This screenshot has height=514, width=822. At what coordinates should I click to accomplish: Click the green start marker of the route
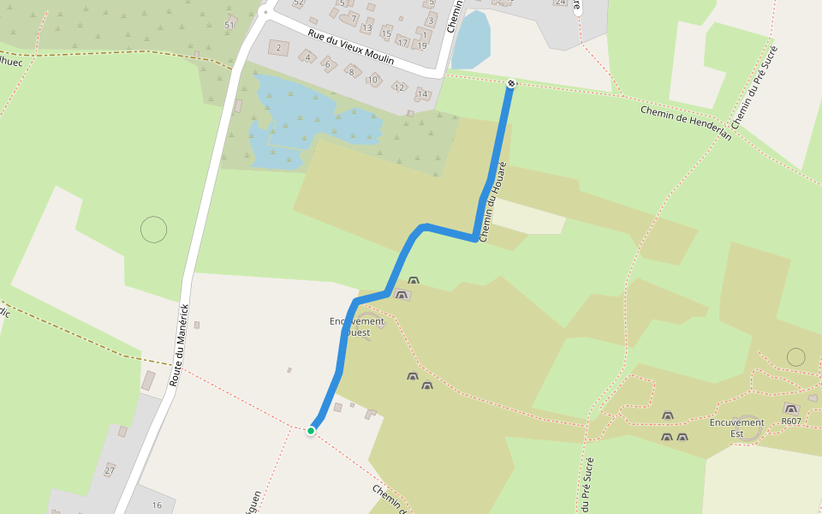(x=311, y=431)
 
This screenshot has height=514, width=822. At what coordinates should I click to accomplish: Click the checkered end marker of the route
(x=511, y=83)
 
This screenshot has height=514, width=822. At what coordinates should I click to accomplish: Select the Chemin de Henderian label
(x=686, y=123)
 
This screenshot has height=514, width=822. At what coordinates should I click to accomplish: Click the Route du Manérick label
(x=181, y=345)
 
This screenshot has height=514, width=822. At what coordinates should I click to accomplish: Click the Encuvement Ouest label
(x=357, y=326)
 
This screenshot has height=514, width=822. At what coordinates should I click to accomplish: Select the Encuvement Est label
(x=736, y=427)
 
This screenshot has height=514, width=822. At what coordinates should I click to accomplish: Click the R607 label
(x=791, y=421)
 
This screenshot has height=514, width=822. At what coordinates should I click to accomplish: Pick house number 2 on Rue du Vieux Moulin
(x=278, y=47)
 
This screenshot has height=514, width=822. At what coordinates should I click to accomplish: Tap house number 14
(x=422, y=94)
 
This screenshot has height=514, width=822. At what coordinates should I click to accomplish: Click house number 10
(x=372, y=80)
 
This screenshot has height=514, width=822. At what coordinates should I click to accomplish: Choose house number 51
(x=229, y=25)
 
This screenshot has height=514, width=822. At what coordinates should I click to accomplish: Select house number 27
(x=109, y=470)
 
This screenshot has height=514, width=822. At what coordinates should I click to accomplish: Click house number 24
(x=560, y=3)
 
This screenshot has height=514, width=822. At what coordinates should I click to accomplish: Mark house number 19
(x=422, y=45)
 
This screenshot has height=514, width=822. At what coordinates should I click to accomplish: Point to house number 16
(x=157, y=505)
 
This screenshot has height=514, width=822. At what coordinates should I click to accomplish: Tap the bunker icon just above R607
(x=790, y=409)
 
